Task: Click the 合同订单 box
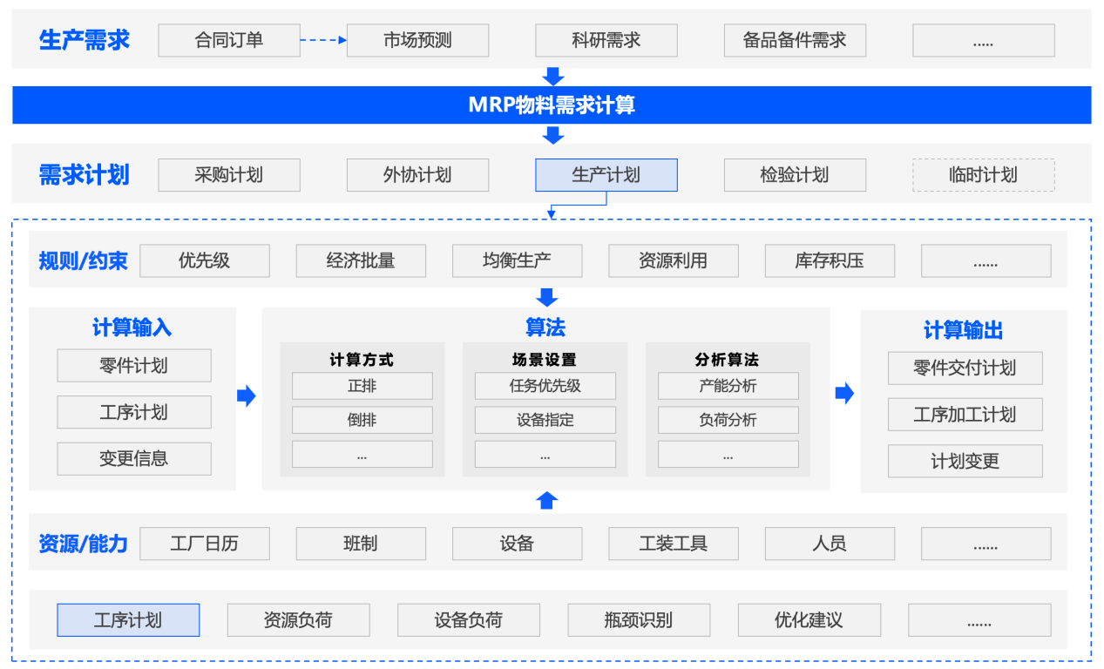(228, 40)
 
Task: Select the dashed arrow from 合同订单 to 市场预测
(323, 40)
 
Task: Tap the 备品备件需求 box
(794, 40)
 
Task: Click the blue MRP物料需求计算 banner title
(551, 105)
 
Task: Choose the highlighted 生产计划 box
(606, 175)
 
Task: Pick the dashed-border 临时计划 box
(983, 175)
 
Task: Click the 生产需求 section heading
(84, 40)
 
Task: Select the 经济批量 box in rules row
(361, 260)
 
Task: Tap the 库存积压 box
(830, 260)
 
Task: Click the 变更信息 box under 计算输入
(134, 458)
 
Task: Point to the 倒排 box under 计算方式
(362, 420)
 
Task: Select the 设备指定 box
(545, 420)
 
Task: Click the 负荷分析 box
(728, 420)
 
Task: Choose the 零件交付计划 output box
(965, 368)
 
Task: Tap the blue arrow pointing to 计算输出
(844, 394)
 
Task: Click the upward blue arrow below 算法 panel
(546, 500)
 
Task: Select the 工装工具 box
(673, 544)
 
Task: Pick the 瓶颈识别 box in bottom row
(638, 620)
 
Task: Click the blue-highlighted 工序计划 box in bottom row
(128, 620)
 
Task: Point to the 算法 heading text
(545, 328)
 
